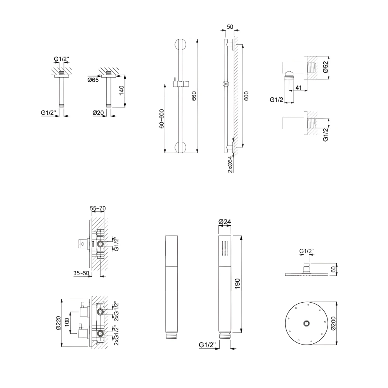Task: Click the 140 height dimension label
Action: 121,91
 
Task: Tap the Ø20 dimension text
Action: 98,113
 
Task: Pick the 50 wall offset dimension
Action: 230,27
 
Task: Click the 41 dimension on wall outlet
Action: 298,88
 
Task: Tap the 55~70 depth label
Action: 98,208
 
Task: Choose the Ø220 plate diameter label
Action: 59,323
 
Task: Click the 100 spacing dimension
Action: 67,322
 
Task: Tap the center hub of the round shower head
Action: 307,323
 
